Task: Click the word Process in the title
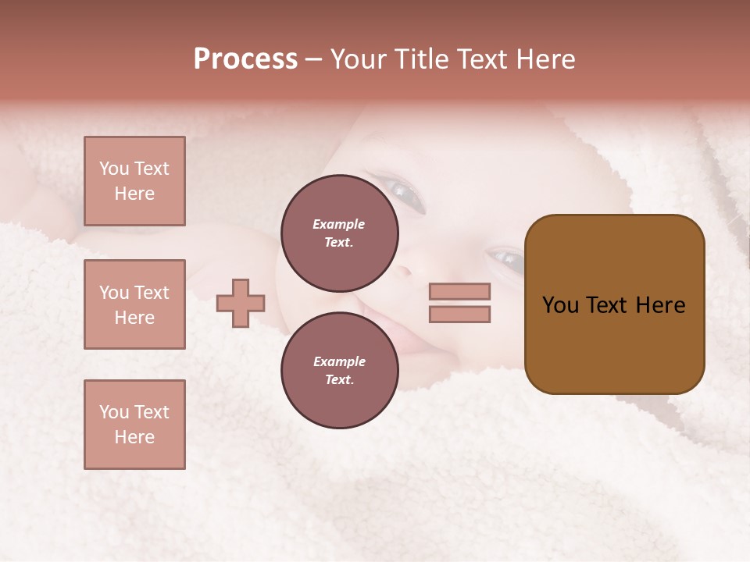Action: click(x=245, y=59)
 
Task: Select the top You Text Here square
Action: click(x=134, y=181)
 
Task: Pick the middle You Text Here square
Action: click(x=134, y=304)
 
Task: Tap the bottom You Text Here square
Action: click(x=134, y=425)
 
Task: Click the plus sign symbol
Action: click(x=241, y=303)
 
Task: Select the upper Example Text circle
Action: click(x=339, y=233)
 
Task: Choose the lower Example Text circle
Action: click(x=339, y=370)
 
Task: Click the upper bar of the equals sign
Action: click(x=459, y=291)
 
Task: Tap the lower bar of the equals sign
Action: click(x=459, y=315)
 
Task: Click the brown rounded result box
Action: click(x=614, y=304)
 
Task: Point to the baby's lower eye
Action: click(x=505, y=258)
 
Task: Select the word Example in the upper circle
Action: click(x=339, y=224)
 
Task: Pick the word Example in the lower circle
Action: click(x=339, y=361)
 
